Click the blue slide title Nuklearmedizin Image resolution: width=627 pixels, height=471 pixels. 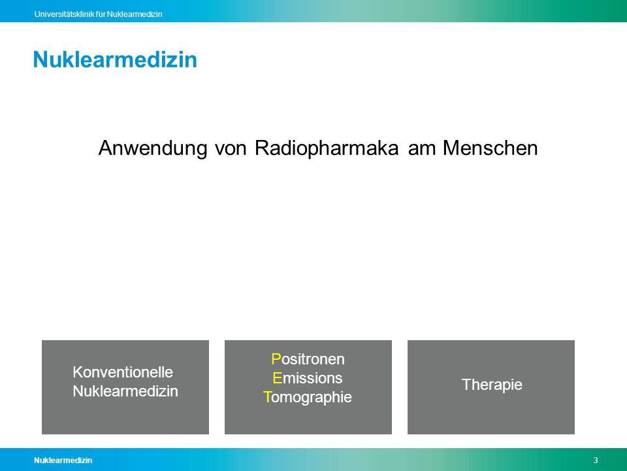click(x=115, y=60)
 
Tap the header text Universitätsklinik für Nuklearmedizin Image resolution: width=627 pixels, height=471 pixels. click(x=99, y=14)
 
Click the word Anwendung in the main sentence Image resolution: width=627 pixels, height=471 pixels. click(x=153, y=148)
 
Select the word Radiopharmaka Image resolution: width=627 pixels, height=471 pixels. click(x=327, y=148)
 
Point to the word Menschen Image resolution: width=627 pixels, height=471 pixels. click(x=490, y=148)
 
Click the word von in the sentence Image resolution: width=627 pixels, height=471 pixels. click(x=231, y=148)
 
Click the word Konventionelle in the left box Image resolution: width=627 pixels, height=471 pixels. click(x=123, y=372)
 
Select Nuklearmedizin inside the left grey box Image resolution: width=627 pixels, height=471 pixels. click(x=125, y=391)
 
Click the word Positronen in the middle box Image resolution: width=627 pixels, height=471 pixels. click(x=308, y=359)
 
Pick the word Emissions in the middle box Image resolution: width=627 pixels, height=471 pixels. click(x=308, y=378)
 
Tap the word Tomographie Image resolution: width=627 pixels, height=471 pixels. click(x=308, y=397)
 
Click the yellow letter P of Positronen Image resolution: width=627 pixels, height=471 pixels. click(x=276, y=359)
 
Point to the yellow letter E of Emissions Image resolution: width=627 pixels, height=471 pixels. click(x=277, y=378)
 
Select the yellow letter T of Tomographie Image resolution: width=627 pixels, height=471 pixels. click(x=267, y=397)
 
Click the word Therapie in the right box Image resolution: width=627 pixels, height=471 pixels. click(x=492, y=385)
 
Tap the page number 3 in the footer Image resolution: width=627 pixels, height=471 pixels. click(x=596, y=460)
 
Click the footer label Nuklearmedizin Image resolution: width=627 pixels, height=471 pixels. click(x=63, y=460)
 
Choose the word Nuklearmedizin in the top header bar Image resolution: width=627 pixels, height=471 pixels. click(x=135, y=14)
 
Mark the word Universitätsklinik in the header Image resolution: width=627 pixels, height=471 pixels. click(x=65, y=14)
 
